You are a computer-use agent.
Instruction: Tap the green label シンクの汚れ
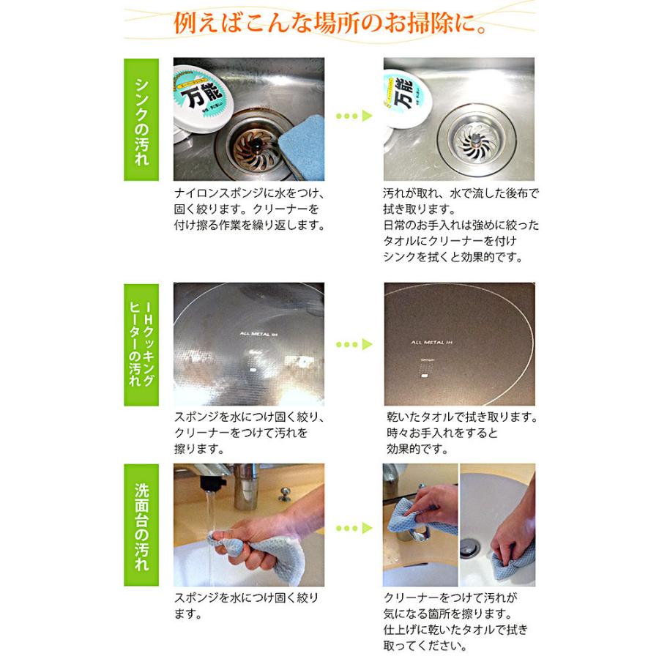pyautogui.click(x=141, y=119)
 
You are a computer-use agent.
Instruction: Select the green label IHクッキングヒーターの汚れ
pyautogui.click(x=141, y=343)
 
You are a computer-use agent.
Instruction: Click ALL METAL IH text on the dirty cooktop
pyautogui.click(x=258, y=333)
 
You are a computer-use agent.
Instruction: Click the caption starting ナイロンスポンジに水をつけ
pyautogui.click(x=249, y=194)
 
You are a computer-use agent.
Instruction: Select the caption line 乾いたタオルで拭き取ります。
pyautogui.click(x=461, y=417)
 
